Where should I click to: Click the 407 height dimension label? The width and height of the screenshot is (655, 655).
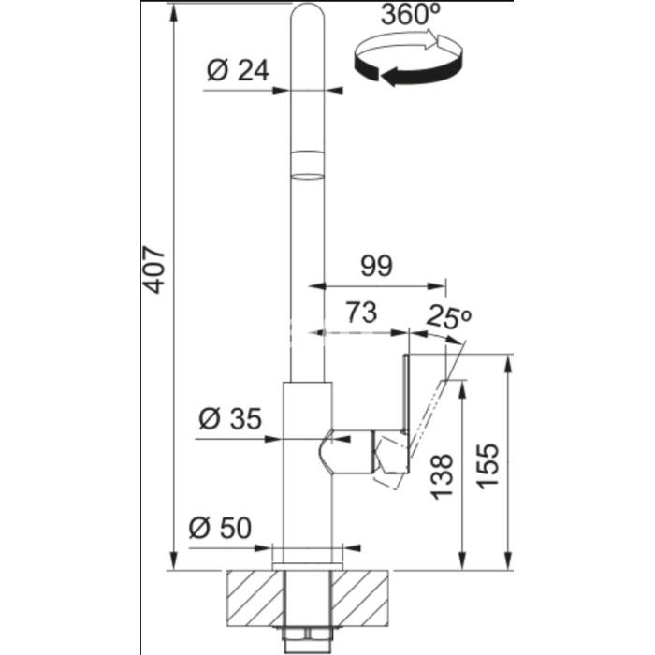point(153,269)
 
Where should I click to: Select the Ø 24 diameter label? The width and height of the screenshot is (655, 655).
point(238,70)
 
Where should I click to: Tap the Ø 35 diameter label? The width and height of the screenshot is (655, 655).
point(230,418)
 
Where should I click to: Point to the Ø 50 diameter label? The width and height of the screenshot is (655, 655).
point(220,528)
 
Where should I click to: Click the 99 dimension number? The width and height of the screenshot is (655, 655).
point(377,266)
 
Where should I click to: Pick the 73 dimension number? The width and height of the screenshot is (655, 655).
point(361,312)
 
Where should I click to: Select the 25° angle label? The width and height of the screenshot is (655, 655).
point(448,317)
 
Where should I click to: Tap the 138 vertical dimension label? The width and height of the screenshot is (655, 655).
point(442,476)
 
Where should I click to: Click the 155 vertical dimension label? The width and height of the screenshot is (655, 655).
point(488,466)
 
